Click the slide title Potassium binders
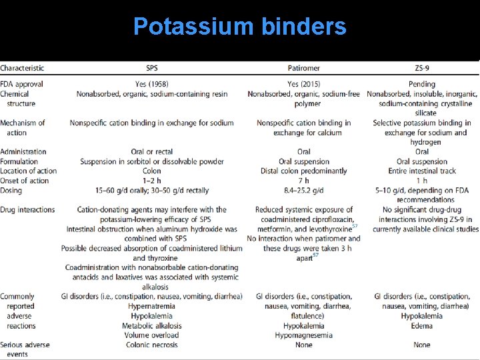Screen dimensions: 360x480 tap(239, 27)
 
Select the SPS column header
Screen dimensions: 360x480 tap(152, 68)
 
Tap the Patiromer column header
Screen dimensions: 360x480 tap(304, 68)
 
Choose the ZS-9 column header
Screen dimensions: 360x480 tap(422, 68)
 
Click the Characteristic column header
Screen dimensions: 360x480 tap(22, 68)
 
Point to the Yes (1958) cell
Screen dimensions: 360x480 tap(152, 85)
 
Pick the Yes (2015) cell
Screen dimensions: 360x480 tap(304, 85)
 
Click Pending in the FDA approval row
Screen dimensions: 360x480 tap(422, 85)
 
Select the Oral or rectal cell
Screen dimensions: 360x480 tap(152, 152)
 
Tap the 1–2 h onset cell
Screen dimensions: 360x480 tap(152, 181)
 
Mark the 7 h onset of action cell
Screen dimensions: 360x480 tap(304, 181)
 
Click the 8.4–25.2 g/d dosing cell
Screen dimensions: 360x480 tap(304, 191)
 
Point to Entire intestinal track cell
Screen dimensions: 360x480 tap(422, 171)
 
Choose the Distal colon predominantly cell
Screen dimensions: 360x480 tap(304, 171)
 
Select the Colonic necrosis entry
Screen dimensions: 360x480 tap(152, 345)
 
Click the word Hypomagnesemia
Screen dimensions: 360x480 tap(304, 335)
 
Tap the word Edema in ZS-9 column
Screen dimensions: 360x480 tap(422, 326)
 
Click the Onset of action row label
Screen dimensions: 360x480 tap(25, 181)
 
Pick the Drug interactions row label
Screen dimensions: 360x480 tap(27, 210)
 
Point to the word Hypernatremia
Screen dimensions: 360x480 tap(152, 307)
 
